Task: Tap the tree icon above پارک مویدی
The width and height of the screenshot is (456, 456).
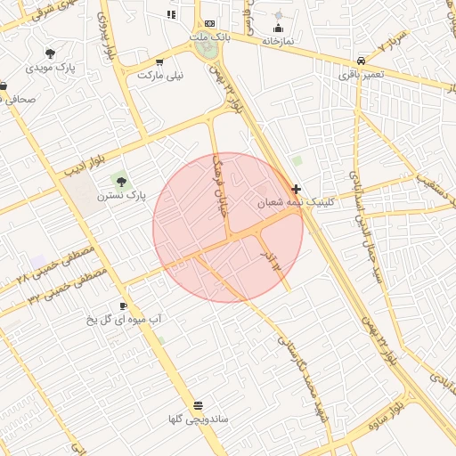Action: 49,53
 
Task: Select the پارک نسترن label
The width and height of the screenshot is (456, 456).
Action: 123,194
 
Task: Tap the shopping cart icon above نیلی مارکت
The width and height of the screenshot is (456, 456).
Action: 159,62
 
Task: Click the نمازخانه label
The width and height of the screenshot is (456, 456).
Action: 279,41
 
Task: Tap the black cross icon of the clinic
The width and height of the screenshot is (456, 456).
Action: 296,189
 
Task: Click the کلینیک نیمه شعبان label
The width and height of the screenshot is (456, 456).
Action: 288,203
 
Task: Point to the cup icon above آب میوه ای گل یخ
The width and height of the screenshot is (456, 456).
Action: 123,306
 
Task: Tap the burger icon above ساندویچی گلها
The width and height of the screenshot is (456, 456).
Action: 197,405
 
